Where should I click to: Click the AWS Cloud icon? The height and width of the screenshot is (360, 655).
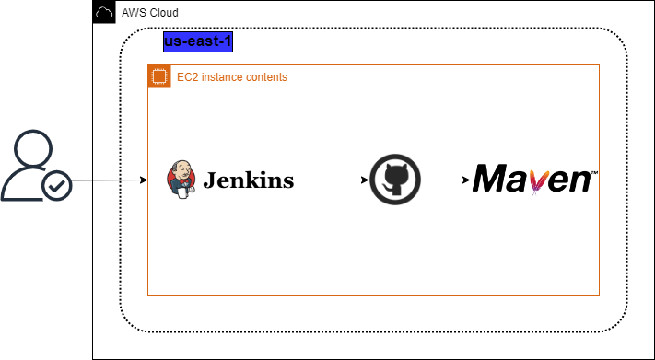(x=105, y=13)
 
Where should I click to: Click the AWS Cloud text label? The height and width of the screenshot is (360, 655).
(x=150, y=13)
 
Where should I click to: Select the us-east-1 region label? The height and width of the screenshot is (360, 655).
(x=197, y=41)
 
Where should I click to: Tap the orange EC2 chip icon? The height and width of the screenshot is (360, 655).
(x=159, y=76)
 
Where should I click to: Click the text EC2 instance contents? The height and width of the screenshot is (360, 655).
(x=232, y=77)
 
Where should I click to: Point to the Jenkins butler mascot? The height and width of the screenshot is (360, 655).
(x=181, y=180)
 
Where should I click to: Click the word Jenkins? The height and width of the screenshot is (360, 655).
(x=249, y=180)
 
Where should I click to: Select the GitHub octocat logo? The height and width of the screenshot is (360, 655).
(x=395, y=180)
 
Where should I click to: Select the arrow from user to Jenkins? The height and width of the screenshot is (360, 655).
(x=120, y=180)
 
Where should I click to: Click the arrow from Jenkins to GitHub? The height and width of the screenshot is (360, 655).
(x=332, y=180)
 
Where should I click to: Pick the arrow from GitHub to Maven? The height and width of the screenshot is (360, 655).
(x=446, y=180)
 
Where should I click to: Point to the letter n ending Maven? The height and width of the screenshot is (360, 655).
(x=578, y=180)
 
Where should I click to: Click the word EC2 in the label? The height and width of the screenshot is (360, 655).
(x=187, y=77)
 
